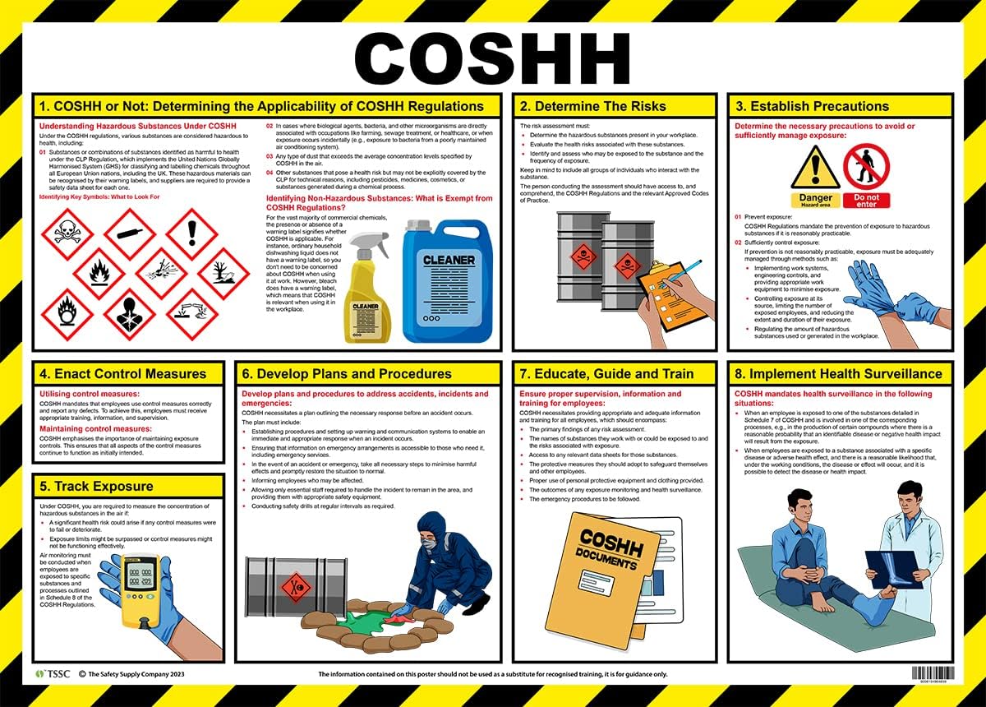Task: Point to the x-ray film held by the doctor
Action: click(x=892, y=568)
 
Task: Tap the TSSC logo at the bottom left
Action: click(x=50, y=675)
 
